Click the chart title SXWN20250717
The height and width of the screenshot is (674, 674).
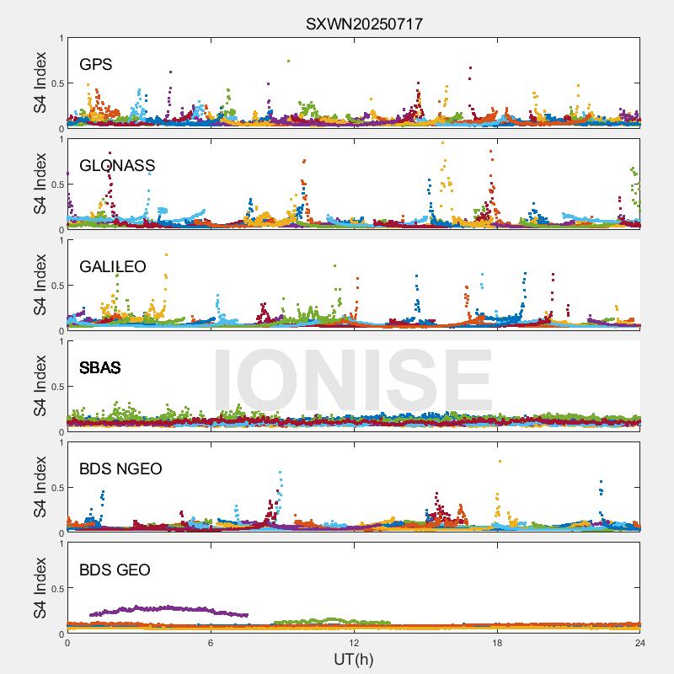[364, 24]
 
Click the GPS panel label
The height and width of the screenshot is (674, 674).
[95, 65]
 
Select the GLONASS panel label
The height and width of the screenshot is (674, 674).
[117, 166]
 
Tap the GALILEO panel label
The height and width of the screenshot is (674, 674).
[112, 267]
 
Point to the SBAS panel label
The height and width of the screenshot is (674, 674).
[99, 368]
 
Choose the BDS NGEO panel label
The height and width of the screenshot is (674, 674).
[120, 469]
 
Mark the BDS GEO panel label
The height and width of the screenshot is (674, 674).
[115, 570]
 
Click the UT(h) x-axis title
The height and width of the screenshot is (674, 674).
[353, 659]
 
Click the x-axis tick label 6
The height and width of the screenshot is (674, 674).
[211, 643]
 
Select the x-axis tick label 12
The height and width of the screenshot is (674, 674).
[354, 643]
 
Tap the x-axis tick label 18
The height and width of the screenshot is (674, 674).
[497, 643]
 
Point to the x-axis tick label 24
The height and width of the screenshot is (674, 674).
[640, 643]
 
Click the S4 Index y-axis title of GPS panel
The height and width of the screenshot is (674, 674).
[39, 83]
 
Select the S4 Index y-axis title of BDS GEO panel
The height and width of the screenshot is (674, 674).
[39, 588]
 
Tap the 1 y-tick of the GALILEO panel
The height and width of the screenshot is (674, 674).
[60, 240]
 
